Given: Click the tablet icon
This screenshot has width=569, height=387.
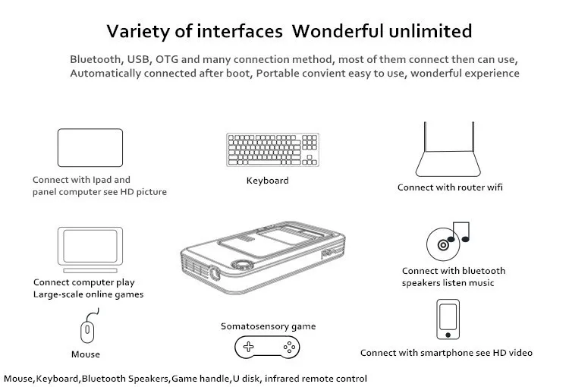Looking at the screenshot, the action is click(90, 148).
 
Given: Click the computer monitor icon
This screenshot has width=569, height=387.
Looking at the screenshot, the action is click(90, 249).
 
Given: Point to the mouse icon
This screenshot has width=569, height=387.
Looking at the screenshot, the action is click(86, 331).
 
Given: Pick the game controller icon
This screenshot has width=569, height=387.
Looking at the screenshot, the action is click(267, 349).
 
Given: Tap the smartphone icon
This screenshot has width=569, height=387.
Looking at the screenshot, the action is click(448, 319).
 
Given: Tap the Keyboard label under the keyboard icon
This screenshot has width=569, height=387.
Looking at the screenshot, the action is click(267, 181).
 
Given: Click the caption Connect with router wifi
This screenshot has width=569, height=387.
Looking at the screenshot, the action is click(450, 187).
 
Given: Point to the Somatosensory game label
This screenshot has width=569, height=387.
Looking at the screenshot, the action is click(268, 326).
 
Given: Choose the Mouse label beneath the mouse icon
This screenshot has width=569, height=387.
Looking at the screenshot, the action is click(86, 354).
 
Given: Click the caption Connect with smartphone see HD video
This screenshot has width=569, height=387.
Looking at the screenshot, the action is click(446, 353).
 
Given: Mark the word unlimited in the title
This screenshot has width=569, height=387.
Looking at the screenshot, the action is click(432, 31).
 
